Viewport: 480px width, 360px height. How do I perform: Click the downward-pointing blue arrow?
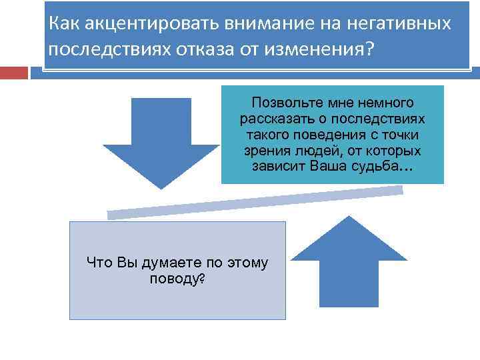coord(161,143)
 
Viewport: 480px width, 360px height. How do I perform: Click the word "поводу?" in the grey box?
coord(177,278)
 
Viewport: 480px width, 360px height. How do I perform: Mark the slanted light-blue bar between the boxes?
coord(255,202)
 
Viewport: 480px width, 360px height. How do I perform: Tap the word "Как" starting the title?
coord(61,25)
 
